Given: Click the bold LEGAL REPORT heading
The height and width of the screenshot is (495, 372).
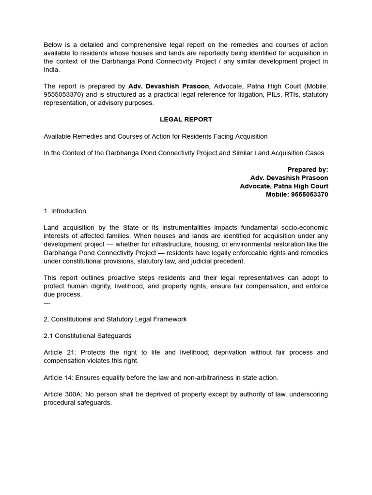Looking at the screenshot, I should tap(186, 119).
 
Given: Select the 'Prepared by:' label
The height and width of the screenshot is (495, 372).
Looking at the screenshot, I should tap(308, 170).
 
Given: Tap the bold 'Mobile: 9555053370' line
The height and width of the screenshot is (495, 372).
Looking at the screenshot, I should tap(297, 195).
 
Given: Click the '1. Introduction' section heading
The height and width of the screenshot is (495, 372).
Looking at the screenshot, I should tap(65, 211).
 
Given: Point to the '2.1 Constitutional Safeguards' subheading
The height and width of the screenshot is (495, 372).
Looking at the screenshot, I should tap(87, 336).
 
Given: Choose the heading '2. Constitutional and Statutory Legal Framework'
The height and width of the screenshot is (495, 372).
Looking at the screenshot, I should tap(115, 320).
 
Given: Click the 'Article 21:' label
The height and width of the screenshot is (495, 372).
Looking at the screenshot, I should tap(59, 352).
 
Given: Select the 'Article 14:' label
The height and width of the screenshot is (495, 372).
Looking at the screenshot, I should tap(59, 378).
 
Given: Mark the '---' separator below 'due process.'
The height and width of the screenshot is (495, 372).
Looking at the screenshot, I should tap(47, 303).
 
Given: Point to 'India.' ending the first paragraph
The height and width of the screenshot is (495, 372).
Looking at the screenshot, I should tap(52, 70).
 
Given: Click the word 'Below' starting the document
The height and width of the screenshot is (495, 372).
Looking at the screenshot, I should tap(53, 45).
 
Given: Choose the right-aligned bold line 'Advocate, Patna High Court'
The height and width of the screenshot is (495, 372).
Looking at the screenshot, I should tap(284, 187).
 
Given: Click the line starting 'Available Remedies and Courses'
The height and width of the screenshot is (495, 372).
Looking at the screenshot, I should tap(155, 136).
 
